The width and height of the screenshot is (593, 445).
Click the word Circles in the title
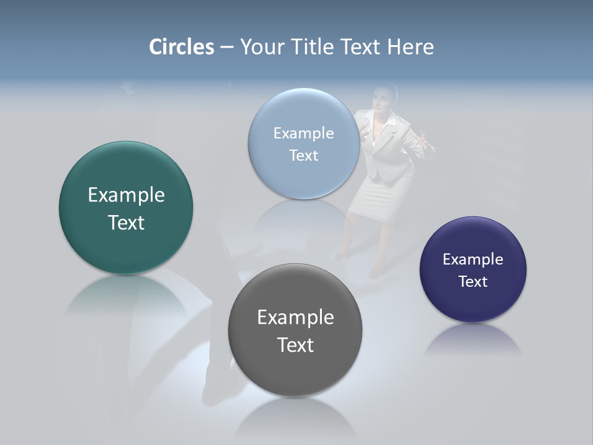181,47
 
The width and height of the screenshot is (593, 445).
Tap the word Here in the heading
411,47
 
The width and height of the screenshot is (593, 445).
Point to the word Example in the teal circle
126,195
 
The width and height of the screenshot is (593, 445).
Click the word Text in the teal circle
126,222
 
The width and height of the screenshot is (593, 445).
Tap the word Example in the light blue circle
303,133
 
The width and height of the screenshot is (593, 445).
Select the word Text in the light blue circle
303,155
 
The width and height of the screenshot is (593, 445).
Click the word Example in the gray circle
295,318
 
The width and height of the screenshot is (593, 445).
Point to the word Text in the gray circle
295,345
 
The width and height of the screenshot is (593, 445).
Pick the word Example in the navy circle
473,260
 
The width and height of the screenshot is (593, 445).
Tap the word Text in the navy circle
473,282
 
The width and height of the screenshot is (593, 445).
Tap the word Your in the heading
259,47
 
